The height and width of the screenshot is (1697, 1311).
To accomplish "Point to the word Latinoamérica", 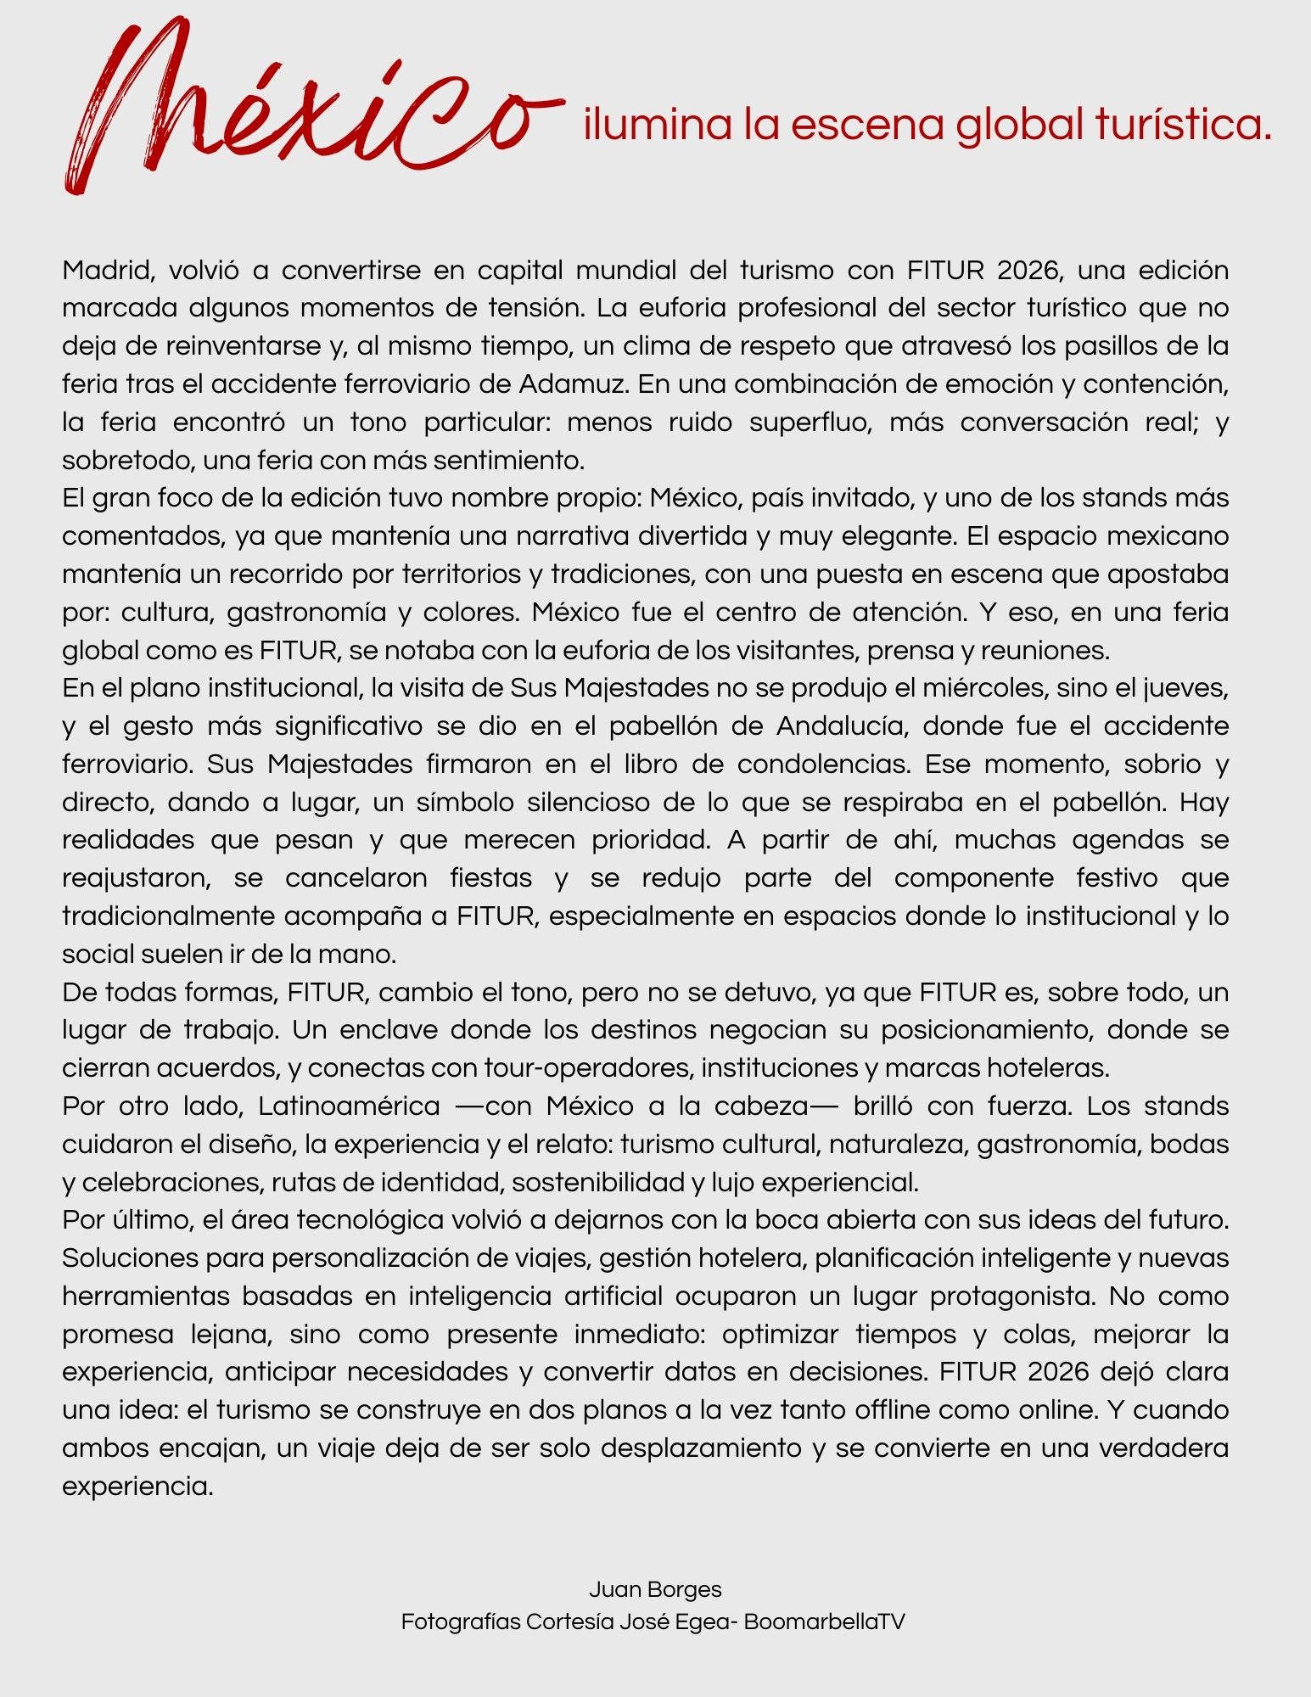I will click(x=350, y=1106).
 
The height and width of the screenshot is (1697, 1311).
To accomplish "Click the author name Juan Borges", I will click(x=655, y=1589).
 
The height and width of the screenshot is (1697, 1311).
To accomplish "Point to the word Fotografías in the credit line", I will click(x=459, y=1621).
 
